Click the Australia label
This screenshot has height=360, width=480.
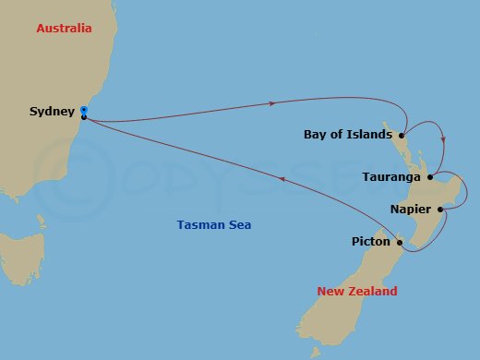[64, 29]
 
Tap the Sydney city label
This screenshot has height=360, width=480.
[52, 112]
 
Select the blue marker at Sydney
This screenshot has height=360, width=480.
[84, 108]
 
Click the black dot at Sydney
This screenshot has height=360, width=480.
[84, 117]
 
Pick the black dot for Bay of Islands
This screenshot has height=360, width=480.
[402, 135]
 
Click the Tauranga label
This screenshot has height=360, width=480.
[392, 176]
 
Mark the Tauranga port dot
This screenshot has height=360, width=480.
[429, 176]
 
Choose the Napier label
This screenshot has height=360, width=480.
[410, 210]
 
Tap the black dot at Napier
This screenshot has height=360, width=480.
[440, 210]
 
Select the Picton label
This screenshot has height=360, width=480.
[370, 242]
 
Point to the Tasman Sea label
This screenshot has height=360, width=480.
[213, 225]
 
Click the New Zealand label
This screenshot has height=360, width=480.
[357, 292]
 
